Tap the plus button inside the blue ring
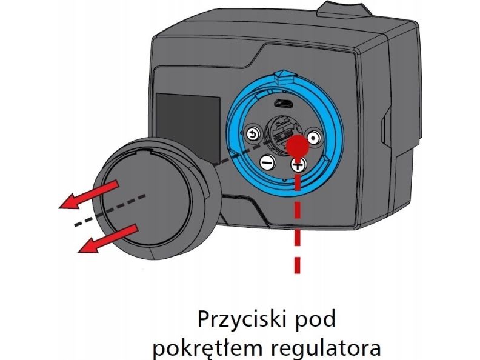tap(297, 164)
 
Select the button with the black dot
tap(313, 138)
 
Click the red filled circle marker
tap(297, 145)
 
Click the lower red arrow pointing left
tap(109, 238)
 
